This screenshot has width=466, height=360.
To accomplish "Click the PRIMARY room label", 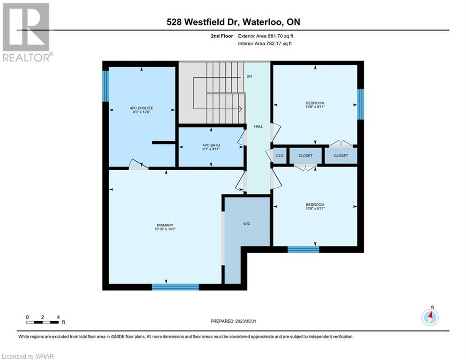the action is click(165, 225).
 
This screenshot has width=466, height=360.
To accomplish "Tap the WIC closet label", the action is click(247, 224).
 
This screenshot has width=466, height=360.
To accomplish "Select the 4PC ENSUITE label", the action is click(141, 108).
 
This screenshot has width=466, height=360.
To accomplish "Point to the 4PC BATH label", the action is click(211, 145).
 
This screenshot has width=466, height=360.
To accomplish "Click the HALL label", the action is click(259, 127).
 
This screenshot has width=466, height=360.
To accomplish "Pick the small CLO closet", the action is click(280, 156).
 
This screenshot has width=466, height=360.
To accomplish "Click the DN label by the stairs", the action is click(249, 76).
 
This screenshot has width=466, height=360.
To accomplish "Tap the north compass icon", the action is click(430, 316).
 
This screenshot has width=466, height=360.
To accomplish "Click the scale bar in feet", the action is click(43, 322).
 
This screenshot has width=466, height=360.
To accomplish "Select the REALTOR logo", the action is click(26, 32).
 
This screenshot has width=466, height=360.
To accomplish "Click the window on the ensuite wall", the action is click(105, 86).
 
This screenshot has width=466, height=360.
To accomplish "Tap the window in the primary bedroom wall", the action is click(175, 287).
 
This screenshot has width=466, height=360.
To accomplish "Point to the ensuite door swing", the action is click(138, 165).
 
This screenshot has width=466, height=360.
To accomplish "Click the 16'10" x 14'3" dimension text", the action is click(165, 229).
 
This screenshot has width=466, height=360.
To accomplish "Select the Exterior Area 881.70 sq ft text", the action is click(266, 36).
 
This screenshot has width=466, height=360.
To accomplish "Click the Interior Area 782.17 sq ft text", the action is click(265, 44).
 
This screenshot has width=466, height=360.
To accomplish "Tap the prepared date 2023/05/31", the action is click(245, 321).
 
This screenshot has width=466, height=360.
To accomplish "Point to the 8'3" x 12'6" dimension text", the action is click(141, 112).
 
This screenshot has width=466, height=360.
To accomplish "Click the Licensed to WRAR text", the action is click(28, 356).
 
